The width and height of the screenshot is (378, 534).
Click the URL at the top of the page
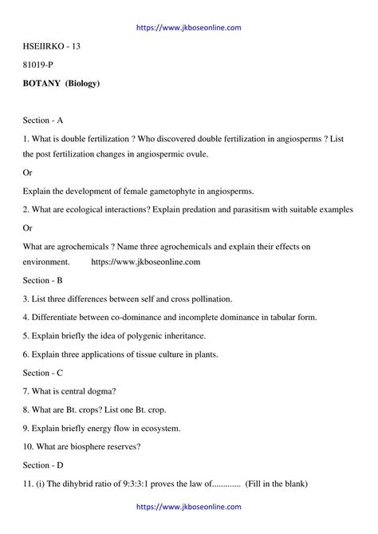click(x=189, y=27)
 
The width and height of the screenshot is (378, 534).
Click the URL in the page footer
click(x=189, y=506)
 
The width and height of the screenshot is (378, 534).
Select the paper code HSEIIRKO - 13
click(x=52, y=46)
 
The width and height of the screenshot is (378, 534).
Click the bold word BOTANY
click(x=43, y=83)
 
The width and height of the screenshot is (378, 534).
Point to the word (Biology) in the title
click(x=83, y=83)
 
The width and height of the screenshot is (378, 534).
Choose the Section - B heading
click(x=43, y=281)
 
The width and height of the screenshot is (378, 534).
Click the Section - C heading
click(x=43, y=373)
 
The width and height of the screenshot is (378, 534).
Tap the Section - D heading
click(x=43, y=465)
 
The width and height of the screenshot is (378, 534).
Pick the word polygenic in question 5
click(x=141, y=336)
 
